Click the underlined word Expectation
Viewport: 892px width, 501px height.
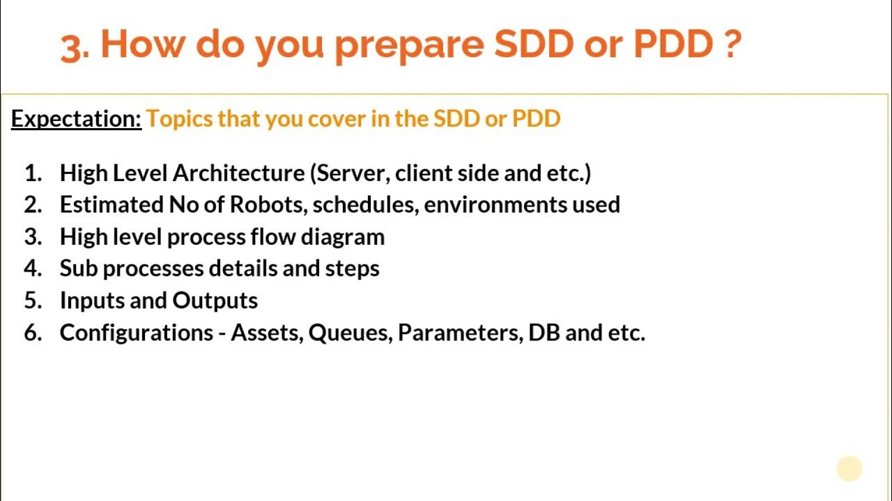(x=76, y=119)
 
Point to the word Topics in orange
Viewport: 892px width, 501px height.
(x=179, y=119)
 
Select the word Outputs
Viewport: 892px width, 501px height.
(x=215, y=301)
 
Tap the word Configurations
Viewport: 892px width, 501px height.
(x=137, y=333)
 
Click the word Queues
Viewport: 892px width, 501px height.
(x=351, y=333)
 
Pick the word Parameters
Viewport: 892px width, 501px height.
(x=460, y=333)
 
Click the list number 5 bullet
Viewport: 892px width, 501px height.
(x=33, y=301)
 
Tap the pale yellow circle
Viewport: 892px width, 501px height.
(x=849, y=468)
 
